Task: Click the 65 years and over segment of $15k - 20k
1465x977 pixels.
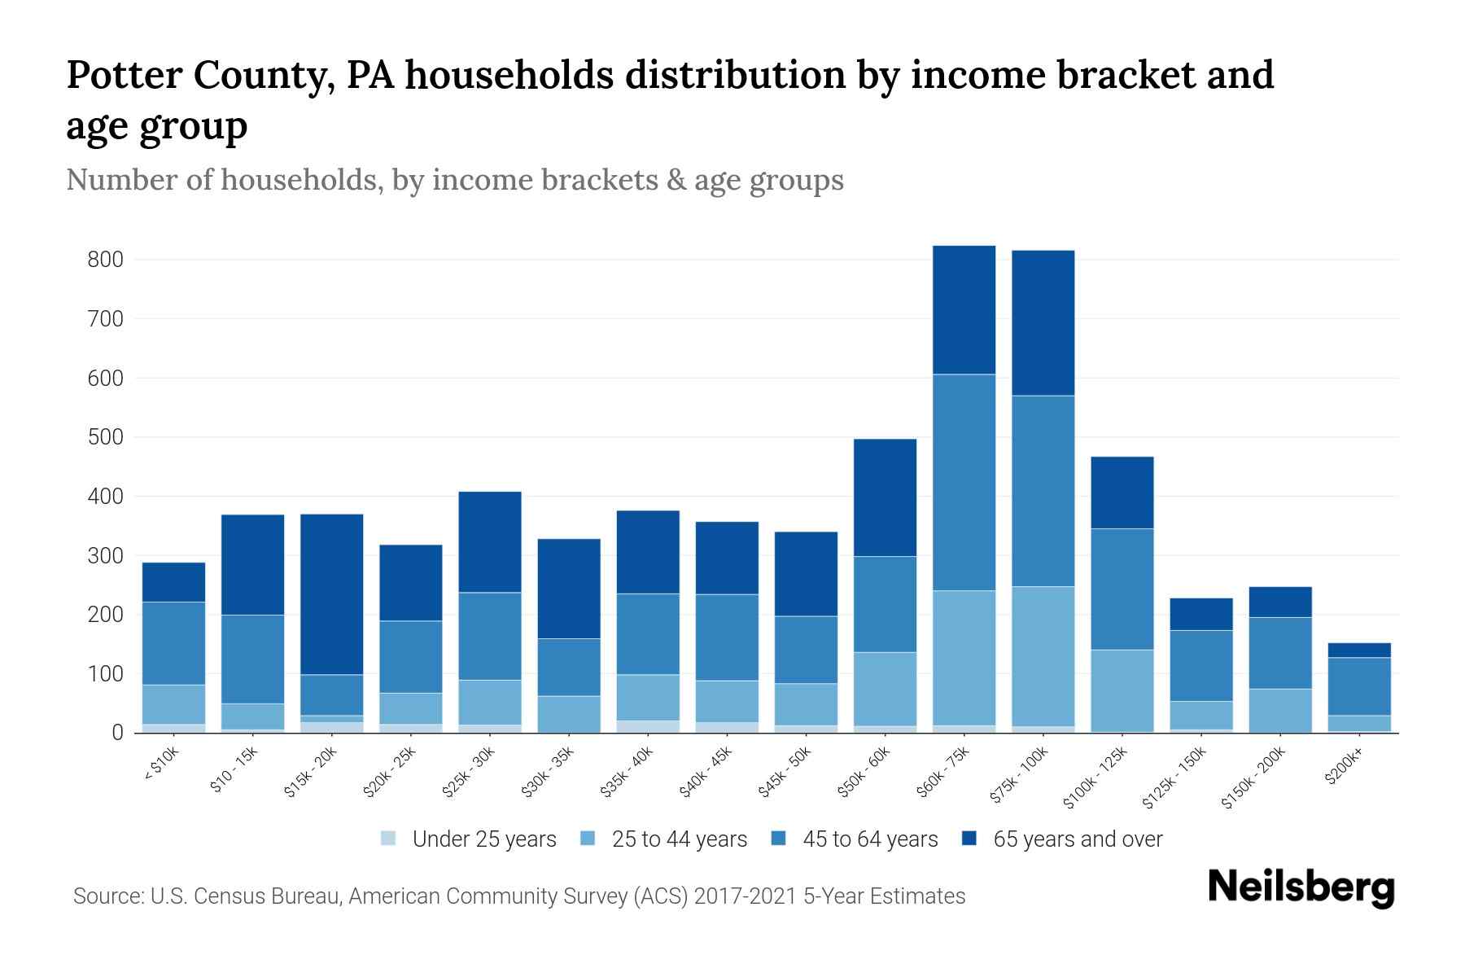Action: pos(332,594)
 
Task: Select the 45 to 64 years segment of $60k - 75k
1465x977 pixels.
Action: pos(964,482)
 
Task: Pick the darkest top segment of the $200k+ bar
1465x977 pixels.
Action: pos(1359,651)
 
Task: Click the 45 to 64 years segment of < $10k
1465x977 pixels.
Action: pos(173,643)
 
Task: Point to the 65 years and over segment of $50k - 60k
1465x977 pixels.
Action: pos(885,497)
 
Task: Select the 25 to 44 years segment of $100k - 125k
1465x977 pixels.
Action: pos(1122,690)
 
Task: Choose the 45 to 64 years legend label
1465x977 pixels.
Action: pos(870,839)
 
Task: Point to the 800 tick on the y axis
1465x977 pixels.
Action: pos(105,260)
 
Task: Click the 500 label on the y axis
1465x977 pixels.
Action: pos(105,437)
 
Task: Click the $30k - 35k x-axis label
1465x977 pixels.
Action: pos(549,771)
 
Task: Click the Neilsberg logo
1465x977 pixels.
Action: pos(1301,887)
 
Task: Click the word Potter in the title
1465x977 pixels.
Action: pos(124,75)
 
